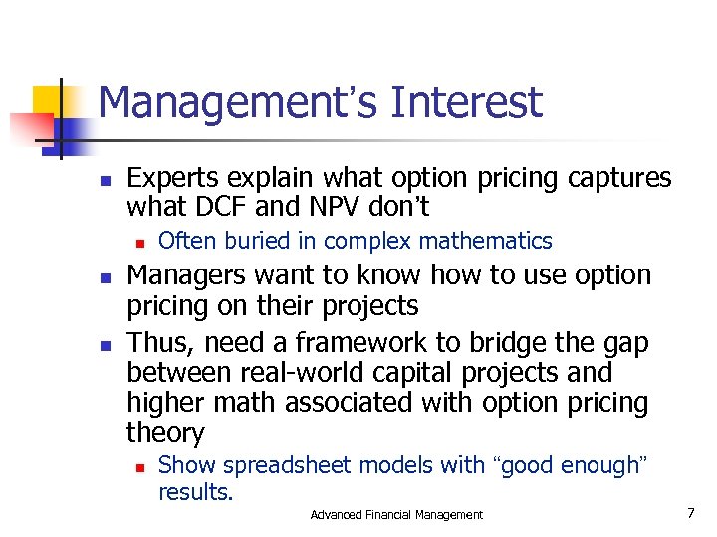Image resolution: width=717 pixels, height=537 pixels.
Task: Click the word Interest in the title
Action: point(467,102)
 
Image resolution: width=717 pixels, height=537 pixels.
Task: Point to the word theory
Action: point(165,433)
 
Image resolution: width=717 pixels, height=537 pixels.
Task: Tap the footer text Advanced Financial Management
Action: point(396,514)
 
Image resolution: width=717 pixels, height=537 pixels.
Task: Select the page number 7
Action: point(689,513)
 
